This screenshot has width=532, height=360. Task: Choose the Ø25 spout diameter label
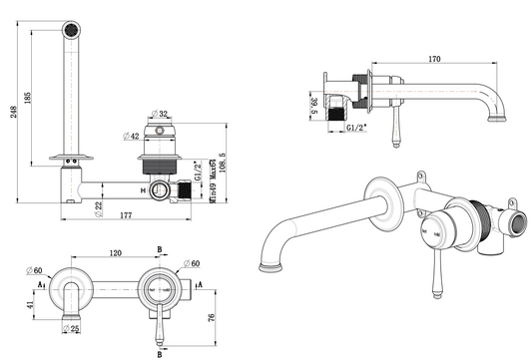pos(71,329)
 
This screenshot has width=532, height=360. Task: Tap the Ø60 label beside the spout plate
pos(37,271)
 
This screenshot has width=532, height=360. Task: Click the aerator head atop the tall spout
pos(69,30)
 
